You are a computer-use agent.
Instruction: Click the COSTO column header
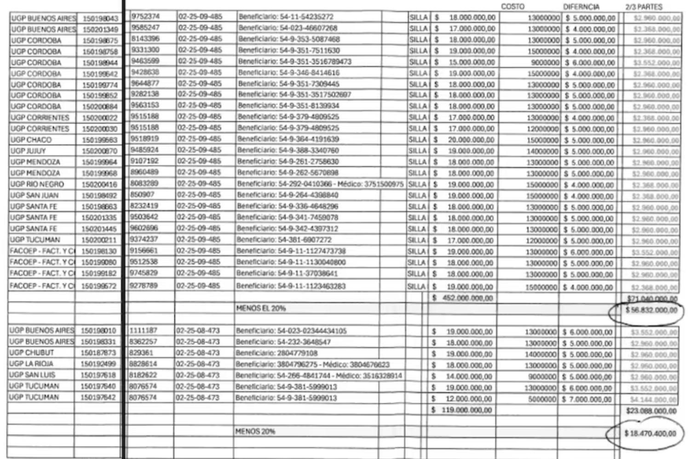pyautogui.click(x=512, y=6)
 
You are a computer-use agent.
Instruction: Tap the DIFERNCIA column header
pyautogui.click(x=581, y=7)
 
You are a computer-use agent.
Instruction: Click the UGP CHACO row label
pyautogui.click(x=31, y=140)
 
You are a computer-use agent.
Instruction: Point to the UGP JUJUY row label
pyautogui.click(x=28, y=151)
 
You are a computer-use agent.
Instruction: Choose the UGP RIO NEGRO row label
pyautogui.click(x=37, y=184)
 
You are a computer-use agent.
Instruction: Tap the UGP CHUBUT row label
pyautogui.click(x=31, y=353)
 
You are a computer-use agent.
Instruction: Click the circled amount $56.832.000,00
pyautogui.click(x=651, y=310)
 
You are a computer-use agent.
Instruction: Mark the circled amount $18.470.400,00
pyautogui.click(x=650, y=434)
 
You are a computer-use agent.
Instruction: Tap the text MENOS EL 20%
pyautogui.click(x=261, y=308)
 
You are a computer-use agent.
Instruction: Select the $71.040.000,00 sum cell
pyautogui.click(x=652, y=299)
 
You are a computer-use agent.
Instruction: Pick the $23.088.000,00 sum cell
pyautogui.click(x=651, y=410)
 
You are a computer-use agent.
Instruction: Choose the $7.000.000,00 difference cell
pyautogui.click(x=587, y=399)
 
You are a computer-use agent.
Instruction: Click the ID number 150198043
pyautogui.click(x=100, y=18)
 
